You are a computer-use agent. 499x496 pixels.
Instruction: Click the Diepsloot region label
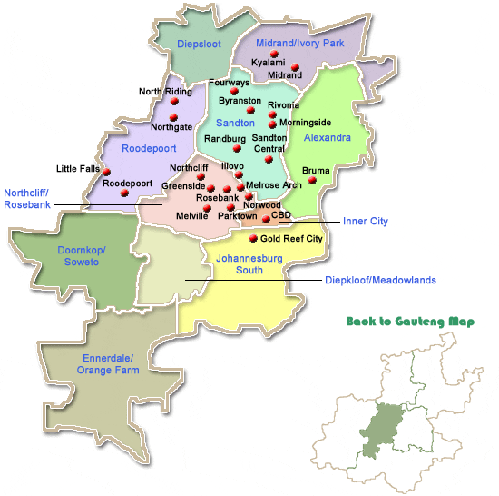(199, 44)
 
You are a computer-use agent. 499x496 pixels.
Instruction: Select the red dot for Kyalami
(272, 53)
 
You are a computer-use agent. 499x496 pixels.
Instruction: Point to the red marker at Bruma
(312, 181)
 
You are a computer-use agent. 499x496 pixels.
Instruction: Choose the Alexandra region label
(328, 138)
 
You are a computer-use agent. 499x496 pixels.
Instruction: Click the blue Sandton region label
(235, 122)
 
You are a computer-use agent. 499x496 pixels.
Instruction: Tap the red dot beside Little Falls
(106, 172)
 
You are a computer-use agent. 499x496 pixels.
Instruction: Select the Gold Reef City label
(292, 239)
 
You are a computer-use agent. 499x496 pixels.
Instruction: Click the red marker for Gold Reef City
(253, 238)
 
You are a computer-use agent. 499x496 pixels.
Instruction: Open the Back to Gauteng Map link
(410, 322)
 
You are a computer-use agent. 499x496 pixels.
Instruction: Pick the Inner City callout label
(365, 221)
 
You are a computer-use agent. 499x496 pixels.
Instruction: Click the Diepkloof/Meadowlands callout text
(380, 281)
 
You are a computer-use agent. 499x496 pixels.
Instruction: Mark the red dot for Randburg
(237, 148)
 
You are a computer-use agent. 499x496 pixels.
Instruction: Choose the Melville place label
(191, 215)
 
